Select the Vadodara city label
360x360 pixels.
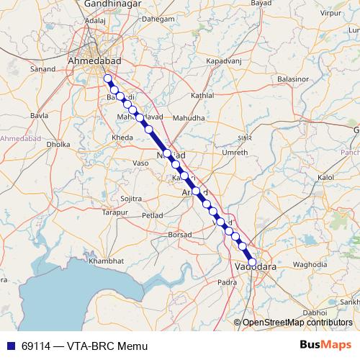tap(256, 267)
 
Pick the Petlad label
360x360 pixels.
tap(153, 215)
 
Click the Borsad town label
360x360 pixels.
tap(180, 235)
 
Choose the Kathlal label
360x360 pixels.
tap(202, 96)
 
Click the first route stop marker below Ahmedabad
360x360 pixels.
tap(107, 78)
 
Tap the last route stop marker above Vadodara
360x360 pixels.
tap(252, 262)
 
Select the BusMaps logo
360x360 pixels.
tap(330, 346)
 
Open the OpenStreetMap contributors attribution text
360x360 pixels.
tap(297, 322)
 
